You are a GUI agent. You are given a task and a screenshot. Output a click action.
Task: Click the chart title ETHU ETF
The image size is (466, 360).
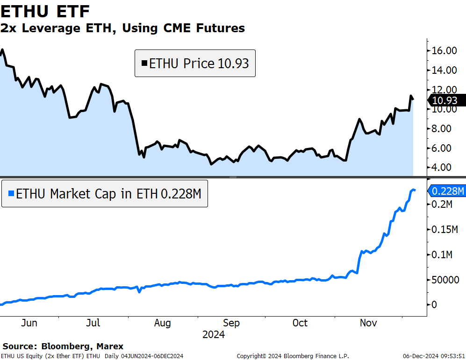45,11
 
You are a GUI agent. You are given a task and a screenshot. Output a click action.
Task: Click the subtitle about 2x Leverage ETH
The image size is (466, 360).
122,28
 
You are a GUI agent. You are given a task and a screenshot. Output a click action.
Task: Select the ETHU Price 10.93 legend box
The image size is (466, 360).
195,63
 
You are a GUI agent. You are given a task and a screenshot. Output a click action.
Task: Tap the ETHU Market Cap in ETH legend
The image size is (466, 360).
104,193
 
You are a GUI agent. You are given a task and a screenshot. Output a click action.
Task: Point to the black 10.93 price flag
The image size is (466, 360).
446,100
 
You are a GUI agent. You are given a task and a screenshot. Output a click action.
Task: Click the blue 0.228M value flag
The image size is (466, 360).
446,191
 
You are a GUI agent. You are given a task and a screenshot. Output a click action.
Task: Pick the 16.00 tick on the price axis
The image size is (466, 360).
444,50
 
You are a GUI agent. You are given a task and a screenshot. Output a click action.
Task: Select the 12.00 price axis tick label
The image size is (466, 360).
444,89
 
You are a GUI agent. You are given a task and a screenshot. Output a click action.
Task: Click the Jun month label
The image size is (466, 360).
29,323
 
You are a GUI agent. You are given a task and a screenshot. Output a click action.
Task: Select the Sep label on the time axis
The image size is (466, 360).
231,323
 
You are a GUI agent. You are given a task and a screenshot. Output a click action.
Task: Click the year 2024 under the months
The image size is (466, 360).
213,335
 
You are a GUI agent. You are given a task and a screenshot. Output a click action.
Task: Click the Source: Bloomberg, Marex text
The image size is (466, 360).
63,346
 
